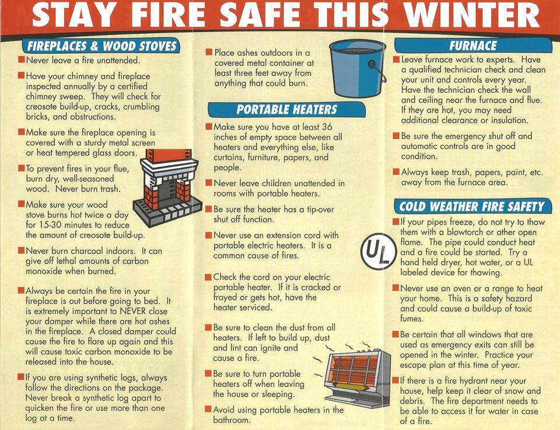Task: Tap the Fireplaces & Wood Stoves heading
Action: click(x=101, y=46)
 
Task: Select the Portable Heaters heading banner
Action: click(x=286, y=110)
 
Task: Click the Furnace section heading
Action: click(x=473, y=46)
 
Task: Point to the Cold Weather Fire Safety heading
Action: click(x=472, y=207)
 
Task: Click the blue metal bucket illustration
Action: click(x=358, y=68)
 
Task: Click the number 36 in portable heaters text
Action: click(x=327, y=127)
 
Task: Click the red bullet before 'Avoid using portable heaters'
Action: click(x=208, y=409)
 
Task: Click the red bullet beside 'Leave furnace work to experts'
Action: click(x=396, y=60)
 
